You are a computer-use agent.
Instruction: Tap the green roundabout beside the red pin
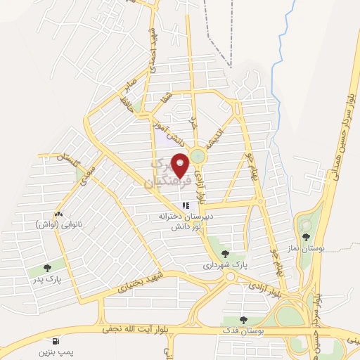pos(199,155)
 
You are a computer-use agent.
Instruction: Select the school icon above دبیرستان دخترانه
pos(186,206)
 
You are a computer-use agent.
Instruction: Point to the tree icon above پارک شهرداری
pos(225,254)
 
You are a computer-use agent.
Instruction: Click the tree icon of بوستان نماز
pos(306,225)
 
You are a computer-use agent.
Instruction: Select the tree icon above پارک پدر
pos(47,267)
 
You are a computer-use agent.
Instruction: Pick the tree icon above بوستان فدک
pos(243,319)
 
